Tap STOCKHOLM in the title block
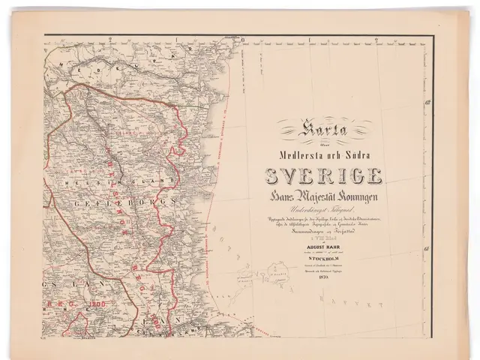pos(325,257)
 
